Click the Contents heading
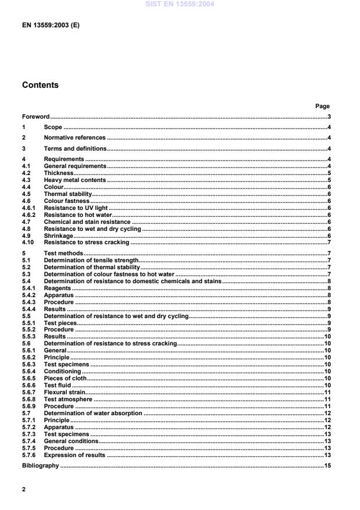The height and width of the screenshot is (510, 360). click(40, 85)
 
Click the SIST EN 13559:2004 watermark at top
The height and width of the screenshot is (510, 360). click(180, 4)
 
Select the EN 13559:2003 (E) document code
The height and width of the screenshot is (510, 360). click(51, 26)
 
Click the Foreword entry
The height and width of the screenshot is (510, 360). click(36, 116)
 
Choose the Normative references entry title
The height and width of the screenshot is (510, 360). click(74, 138)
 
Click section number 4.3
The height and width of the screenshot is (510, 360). click(27, 180)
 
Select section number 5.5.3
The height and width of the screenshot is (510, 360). click(29, 336)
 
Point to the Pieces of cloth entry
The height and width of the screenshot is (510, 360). click(65, 378)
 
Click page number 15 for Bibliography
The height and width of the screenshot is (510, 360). click(327, 466)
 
